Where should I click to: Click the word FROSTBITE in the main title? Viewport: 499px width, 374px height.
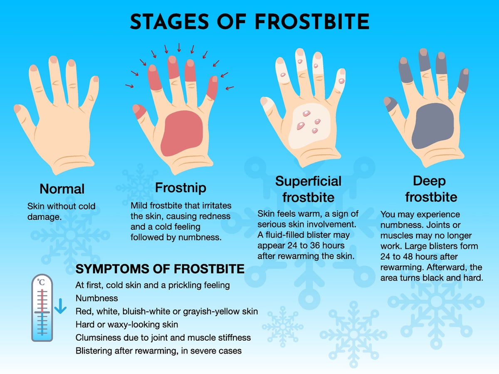pos(312,22)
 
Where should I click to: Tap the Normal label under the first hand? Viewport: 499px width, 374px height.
pos(62,189)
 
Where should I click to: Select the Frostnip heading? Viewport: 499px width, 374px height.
pos(180,188)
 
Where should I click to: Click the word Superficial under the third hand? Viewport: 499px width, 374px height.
pos(308,181)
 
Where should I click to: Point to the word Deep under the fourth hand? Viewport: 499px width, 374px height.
pos(429,182)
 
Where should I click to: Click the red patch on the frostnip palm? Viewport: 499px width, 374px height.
pos(182,133)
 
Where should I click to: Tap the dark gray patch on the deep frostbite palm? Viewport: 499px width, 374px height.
pos(432,126)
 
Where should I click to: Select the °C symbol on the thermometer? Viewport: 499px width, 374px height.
pos(41,282)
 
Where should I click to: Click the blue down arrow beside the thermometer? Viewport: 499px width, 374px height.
pos(60,306)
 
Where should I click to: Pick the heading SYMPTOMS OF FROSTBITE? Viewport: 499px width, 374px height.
pos(160,269)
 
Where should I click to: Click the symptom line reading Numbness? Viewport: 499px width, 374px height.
pos(96,298)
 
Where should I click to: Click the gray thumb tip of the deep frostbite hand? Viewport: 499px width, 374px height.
pos(390,104)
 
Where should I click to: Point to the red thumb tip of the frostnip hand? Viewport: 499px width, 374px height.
pos(139,111)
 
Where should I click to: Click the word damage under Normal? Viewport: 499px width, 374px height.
pos(44,217)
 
